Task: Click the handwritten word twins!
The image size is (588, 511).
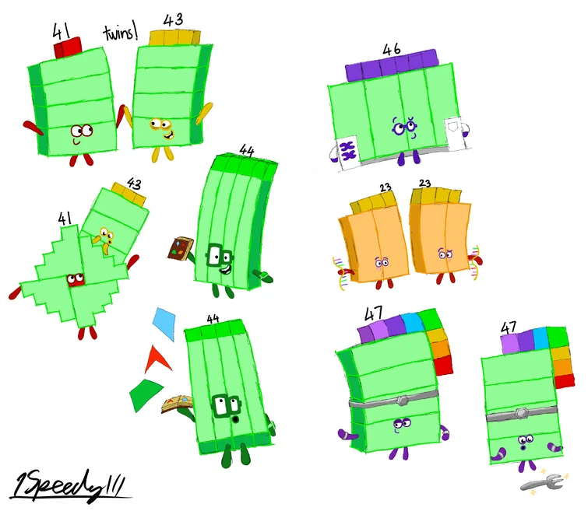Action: [x=121, y=33]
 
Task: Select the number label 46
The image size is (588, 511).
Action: [x=392, y=50]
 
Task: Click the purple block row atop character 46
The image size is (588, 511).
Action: [x=391, y=65]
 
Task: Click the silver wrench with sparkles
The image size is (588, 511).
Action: [x=544, y=482]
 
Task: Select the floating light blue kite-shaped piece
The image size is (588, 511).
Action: [x=164, y=323]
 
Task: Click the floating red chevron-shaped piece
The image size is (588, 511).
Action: [x=157, y=359]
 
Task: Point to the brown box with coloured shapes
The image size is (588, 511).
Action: [x=181, y=248]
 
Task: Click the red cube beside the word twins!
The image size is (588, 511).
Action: [x=68, y=47]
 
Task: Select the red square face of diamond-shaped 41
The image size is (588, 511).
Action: [x=76, y=280]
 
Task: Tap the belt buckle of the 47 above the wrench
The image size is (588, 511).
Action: [x=521, y=414]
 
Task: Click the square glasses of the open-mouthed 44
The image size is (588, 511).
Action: [x=226, y=406]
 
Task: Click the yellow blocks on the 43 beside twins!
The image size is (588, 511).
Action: [x=174, y=37]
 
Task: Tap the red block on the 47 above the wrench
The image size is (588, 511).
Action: [x=565, y=380]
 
